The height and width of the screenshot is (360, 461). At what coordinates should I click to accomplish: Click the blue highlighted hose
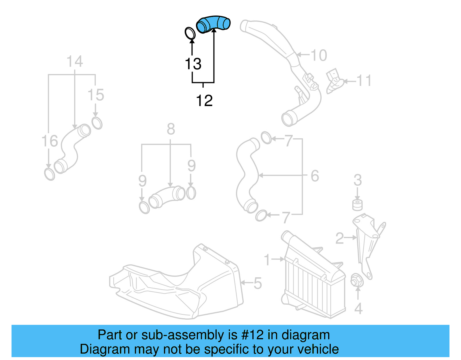tap(213, 24)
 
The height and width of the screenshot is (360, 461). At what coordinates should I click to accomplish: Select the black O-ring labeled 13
tap(190, 33)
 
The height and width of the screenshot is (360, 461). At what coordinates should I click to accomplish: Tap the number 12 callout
tap(204, 101)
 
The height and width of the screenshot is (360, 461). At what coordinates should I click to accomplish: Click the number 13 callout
tap(193, 64)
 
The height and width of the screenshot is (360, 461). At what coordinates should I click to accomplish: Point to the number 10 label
tap(319, 55)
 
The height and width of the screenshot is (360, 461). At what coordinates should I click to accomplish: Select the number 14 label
tap(75, 62)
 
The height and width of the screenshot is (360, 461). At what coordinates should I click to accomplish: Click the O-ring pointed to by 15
tap(97, 123)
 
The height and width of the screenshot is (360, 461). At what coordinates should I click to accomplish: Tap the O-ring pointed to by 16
tap(50, 174)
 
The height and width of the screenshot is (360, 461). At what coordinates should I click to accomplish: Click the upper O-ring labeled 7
tap(266, 138)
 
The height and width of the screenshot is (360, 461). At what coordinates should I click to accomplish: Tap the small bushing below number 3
tap(357, 205)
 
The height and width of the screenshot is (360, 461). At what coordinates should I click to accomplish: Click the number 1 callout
tap(267, 260)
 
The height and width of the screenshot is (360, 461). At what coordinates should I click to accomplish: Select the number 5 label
tap(257, 283)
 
